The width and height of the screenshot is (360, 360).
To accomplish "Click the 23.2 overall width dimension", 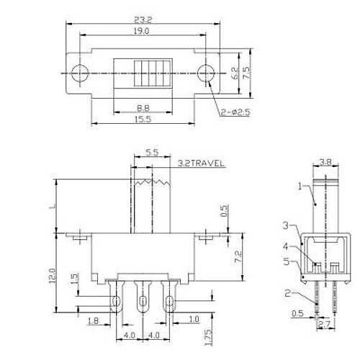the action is [x=143, y=20].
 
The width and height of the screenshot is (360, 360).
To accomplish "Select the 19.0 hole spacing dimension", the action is [x=140, y=31].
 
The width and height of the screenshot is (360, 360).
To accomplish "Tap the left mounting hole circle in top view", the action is [x=81, y=73].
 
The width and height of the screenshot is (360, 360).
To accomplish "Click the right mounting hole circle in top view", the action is [x=206, y=73].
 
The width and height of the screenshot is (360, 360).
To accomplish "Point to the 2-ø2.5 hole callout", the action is [x=235, y=112].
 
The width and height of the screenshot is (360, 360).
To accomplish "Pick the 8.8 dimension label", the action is [x=143, y=108].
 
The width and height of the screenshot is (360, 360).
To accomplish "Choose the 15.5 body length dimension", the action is [x=143, y=119].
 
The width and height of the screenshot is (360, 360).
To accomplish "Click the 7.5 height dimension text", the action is [x=246, y=73].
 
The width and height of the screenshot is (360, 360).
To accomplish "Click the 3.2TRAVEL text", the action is [x=201, y=163].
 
